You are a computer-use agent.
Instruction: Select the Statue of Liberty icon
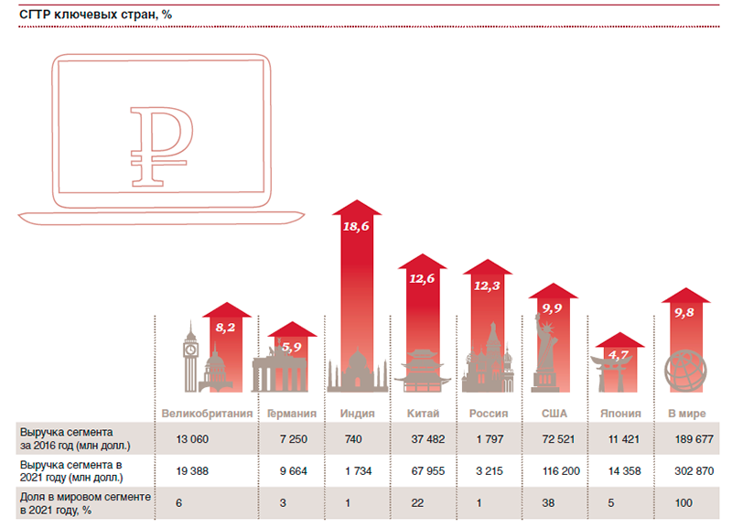(x=547, y=351)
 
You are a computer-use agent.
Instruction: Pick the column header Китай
(x=423, y=414)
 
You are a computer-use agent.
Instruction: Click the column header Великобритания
(x=207, y=414)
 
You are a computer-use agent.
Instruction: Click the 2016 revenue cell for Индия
(x=353, y=439)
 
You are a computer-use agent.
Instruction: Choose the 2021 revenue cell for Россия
(x=488, y=472)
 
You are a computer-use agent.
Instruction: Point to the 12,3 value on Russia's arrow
(x=488, y=286)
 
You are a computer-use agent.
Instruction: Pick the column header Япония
(x=620, y=414)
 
